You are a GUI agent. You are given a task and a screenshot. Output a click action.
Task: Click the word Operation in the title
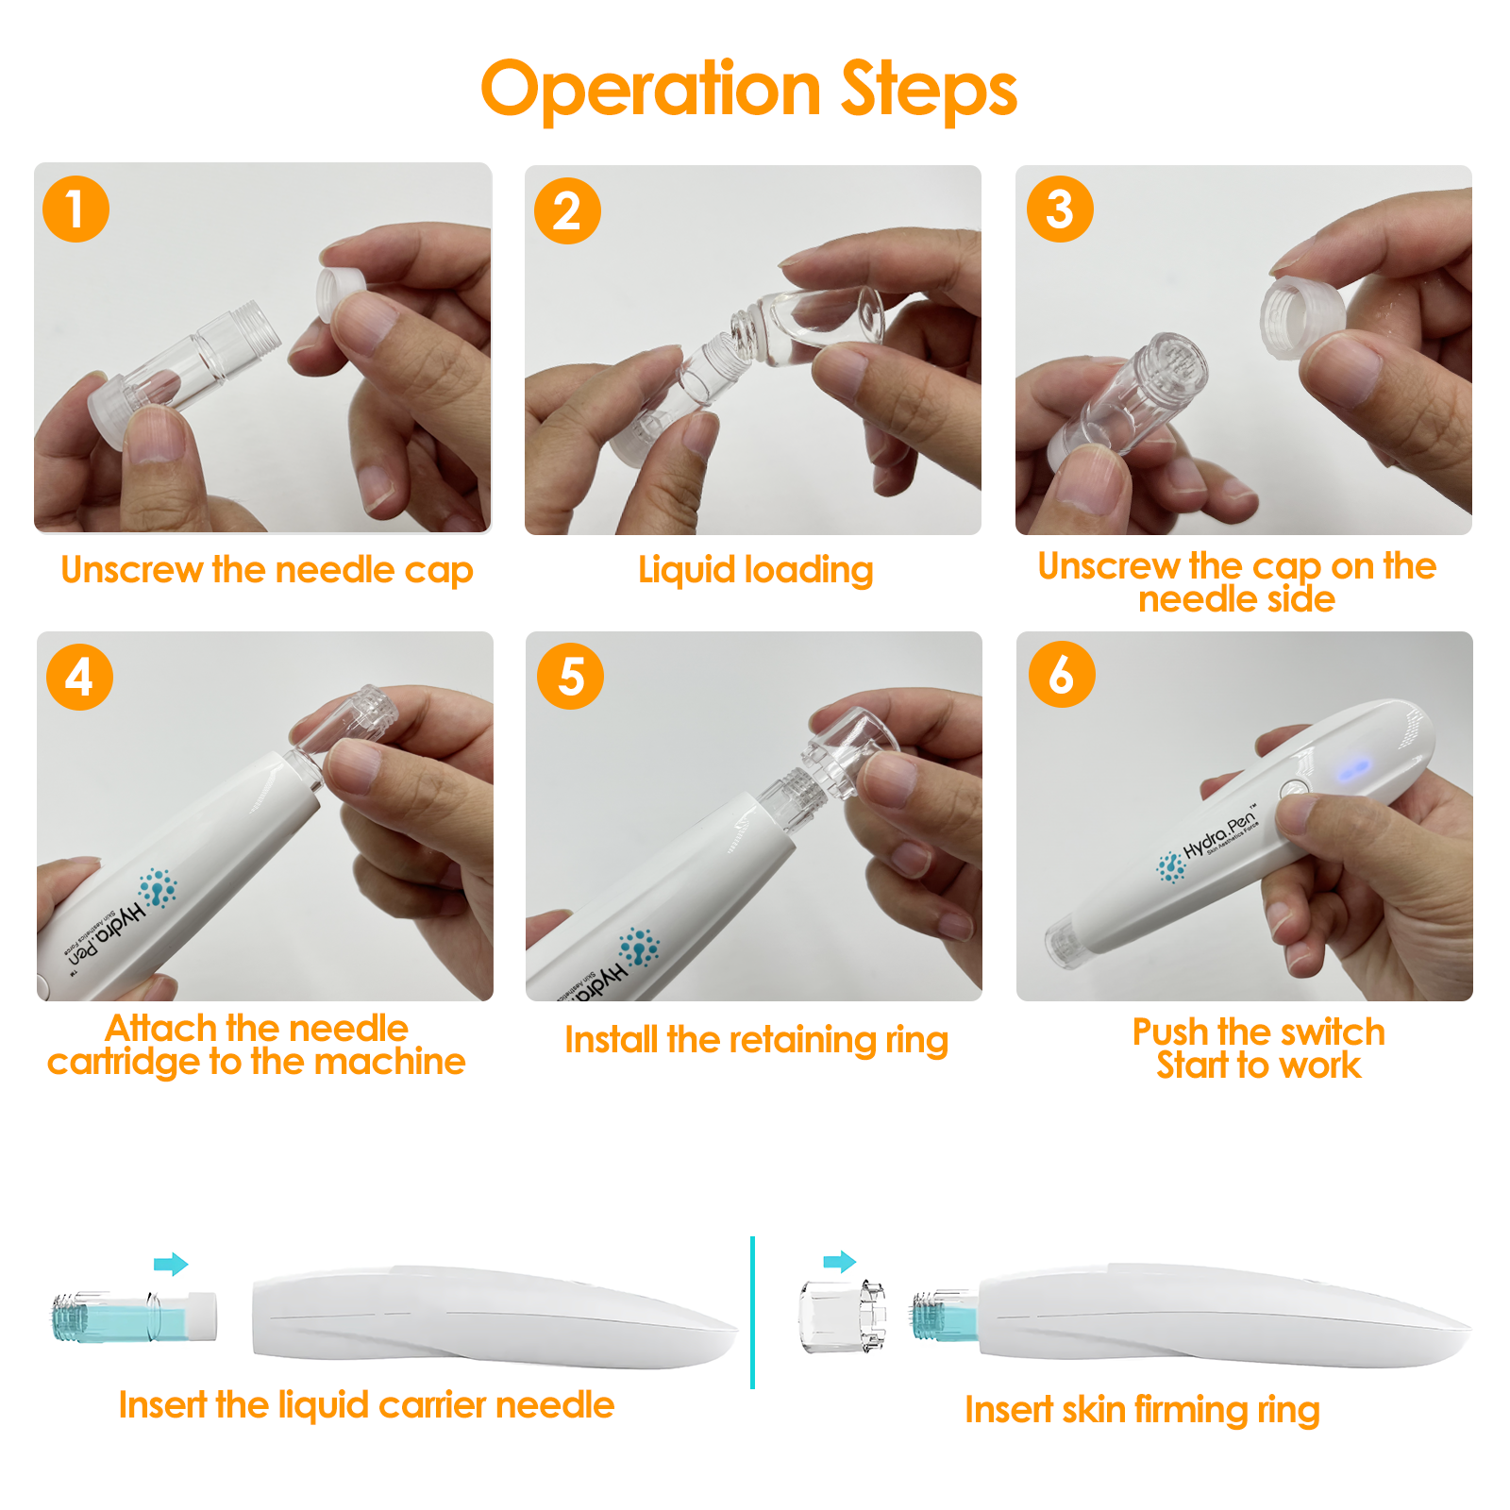coord(651,90)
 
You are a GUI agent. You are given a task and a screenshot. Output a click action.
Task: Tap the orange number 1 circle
coord(75,209)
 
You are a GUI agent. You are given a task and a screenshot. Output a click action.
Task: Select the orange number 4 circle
coord(79,677)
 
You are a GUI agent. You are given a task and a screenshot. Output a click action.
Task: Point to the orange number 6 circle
coord(1062,675)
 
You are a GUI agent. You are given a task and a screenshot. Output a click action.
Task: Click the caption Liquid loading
coord(755,570)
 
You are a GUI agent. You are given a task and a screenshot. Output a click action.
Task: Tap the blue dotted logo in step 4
coord(158,888)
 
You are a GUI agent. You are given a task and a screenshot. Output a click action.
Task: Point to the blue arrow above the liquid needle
coord(171,1264)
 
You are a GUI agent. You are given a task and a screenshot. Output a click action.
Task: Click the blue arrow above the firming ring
coord(839,1262)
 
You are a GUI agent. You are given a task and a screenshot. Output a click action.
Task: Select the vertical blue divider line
coord(752,1312)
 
